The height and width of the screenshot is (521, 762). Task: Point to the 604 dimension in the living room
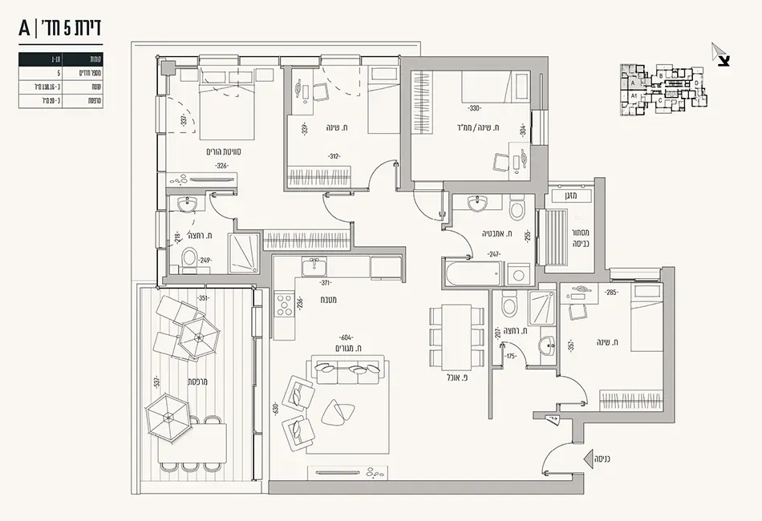(347, 337)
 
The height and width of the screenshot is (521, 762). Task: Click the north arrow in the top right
(720, 54)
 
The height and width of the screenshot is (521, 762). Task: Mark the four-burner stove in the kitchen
(283, 305)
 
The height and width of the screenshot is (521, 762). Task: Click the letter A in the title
(26, 29)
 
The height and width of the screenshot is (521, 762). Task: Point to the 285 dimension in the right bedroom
(612, 293)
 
